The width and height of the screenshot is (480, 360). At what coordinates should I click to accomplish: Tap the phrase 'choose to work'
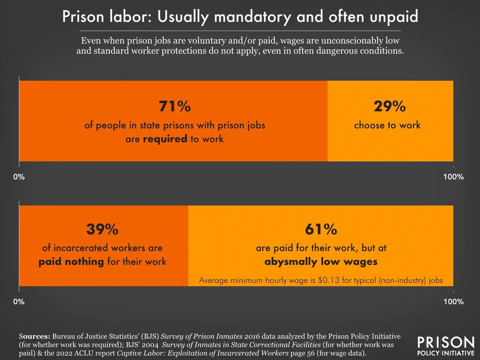[x=387, y=125]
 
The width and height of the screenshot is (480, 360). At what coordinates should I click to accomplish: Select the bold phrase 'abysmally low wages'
[x=320, y=262]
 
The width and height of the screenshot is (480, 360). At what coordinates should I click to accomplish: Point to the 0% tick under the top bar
[x=19, y=177]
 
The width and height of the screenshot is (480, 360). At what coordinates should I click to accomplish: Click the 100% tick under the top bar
[x=453, y=177]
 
